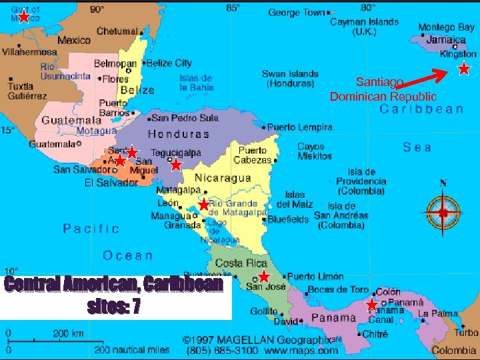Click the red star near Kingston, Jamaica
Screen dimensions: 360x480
point(464,69)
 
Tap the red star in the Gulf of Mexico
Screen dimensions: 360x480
point(24,17)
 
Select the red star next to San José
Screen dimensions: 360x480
point(264,276)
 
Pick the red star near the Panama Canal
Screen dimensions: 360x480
point(371,305)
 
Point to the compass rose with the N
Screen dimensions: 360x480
point(443,213)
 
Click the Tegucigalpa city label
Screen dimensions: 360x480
point(175,153)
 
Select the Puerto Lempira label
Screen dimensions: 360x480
point(299,127)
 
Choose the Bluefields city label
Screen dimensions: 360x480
point(288,219)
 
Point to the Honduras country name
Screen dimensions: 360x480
point(179,134)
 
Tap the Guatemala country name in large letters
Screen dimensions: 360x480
point(71,121)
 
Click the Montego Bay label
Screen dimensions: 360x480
point(446,27)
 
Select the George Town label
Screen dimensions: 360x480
point(297,12)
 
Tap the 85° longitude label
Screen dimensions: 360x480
point(233,8)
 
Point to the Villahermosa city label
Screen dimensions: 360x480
point(30,51)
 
